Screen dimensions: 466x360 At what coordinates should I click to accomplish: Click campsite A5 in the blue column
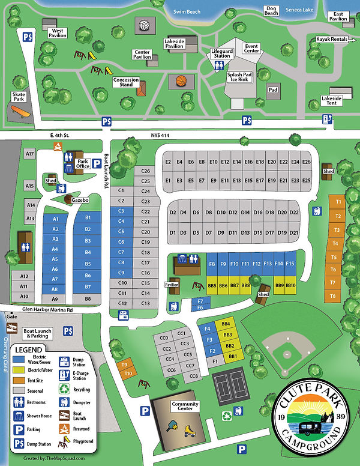point(55,259)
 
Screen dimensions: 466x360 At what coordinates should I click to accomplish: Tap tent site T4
point(336,243)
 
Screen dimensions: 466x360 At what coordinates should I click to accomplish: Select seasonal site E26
point(307,162)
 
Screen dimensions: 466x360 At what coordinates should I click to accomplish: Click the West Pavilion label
point(58,32)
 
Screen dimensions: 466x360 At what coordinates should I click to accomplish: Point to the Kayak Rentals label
point(332,40)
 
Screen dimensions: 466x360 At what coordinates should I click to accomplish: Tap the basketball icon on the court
point(181,80)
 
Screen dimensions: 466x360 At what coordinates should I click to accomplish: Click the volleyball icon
point(144,26)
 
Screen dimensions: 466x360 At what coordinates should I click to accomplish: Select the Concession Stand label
point(126,82)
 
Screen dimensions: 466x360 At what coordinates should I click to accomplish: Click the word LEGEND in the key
point(29,349)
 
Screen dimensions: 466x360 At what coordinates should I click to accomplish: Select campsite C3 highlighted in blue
point(121,211)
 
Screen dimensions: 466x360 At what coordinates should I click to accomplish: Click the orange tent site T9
point(124,365)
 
